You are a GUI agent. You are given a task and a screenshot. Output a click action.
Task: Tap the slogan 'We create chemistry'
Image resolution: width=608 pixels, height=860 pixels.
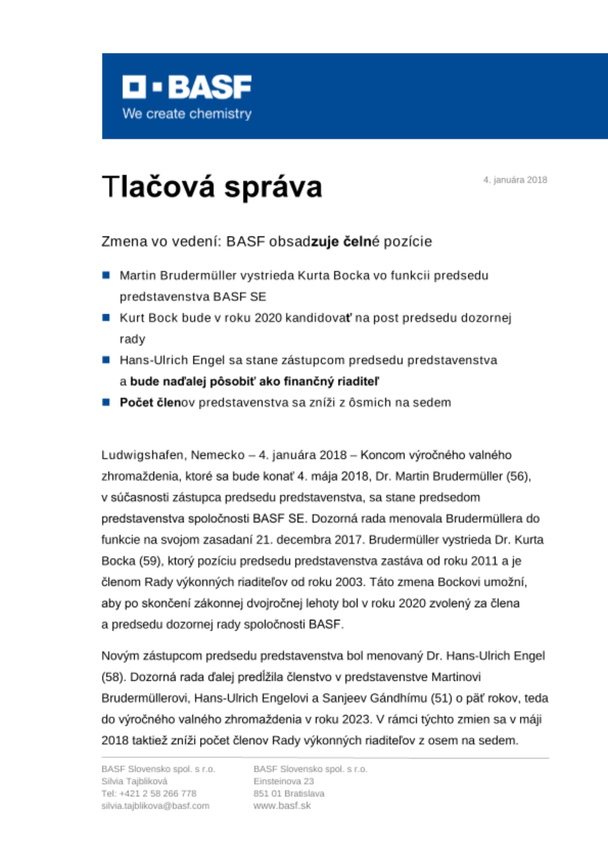tap(187, 114)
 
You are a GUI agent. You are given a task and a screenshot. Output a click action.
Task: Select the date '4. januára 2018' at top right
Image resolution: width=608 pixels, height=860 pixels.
tap(515, 180)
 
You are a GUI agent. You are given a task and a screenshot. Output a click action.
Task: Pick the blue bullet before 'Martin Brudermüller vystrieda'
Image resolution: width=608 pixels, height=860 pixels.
tap(106, 275)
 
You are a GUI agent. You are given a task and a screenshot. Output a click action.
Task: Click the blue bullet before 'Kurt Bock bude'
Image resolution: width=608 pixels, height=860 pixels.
tap(106, 318)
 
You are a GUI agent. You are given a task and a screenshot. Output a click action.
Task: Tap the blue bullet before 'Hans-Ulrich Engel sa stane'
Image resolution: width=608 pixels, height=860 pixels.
tap(106, 360)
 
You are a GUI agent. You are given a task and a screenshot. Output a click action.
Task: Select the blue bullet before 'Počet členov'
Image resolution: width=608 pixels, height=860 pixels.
tap(106, 402)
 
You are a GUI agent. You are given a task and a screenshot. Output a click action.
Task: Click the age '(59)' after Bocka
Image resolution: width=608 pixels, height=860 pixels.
tap(150, 561)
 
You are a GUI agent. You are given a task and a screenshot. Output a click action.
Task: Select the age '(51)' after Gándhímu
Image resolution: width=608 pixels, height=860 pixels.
tap(441, 698)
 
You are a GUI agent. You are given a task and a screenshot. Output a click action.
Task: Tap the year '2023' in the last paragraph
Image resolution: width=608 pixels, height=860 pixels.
tap(357, 719)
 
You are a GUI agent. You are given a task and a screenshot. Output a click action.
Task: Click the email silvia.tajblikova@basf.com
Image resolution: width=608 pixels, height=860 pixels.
tap(155, 806)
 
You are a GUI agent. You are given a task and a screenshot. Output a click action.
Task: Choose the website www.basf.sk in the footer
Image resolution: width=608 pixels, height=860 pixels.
tap(282, 806)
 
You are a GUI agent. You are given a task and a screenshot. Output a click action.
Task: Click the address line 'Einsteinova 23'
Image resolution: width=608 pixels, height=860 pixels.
tap(284, 781)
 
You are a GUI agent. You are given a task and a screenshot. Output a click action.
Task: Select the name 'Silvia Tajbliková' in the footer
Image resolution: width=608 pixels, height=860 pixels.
tap(135, 781)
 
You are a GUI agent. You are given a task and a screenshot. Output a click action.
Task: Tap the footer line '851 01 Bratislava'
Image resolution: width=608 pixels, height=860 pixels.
tap(289, 793)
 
